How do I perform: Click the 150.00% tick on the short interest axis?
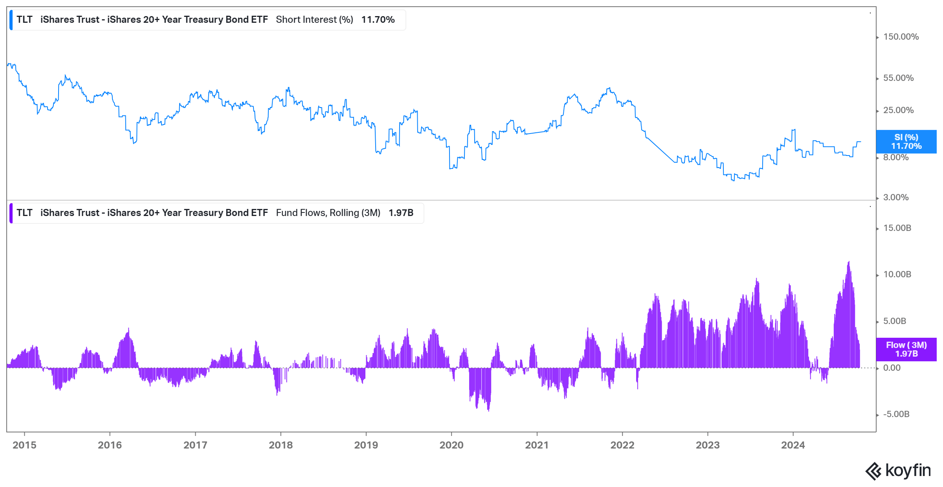pyautogui.click(x=901, y=37)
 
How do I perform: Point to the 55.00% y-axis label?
pyautogui.click(x=898, y=78)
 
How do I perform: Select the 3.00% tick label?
pyautogui.click(x=895, y=198)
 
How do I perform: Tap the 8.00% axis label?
pyautogui.click(x=895, y=157)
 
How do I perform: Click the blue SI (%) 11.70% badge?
pyautogui.click(x=906, y=142)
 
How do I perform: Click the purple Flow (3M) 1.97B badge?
pyautogui.click(x=906, y=349)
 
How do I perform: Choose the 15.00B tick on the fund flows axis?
pyautogui.click(x=897, y=228)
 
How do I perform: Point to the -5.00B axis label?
pyautogui.click(x=896, y=414)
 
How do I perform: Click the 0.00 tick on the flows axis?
pyautogui.click(x=892, y=368)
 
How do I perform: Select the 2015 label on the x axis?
pyautogui.click(x=24, y=445)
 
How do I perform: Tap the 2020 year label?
pyautogui.click(x=451, y=445)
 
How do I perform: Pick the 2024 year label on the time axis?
pyautogui.click(x=793, y=445)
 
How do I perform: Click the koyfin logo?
pyautogui.click(x=898, y=471)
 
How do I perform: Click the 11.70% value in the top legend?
pyautogui.click(x=378, y=20)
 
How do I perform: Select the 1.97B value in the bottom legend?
pyautogui.click(x=401, y=213)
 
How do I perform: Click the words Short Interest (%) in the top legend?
pyautogui.click(x=314, y=20)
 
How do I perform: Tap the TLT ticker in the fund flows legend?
pyautogui.click(x=24, y=213)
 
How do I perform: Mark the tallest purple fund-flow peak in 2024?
pyautogui.click(x=849, y=262)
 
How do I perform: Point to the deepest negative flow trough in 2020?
pyautogui.click(x=488, y=410)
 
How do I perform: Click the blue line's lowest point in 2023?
pyautogui.click(x=733, y=180)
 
